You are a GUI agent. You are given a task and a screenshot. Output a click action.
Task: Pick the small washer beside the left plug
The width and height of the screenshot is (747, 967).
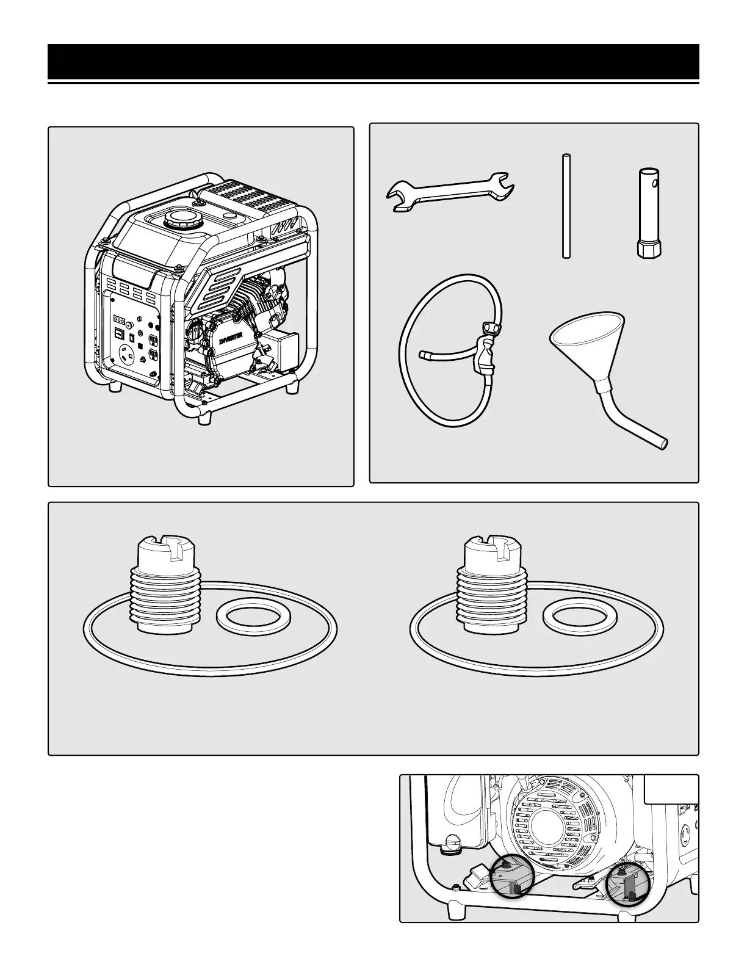tap(246, 617)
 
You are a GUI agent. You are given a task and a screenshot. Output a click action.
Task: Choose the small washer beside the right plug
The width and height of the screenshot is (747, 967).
tap(571, 617)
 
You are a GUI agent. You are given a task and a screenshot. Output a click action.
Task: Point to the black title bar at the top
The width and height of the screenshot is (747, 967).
tap(374, 62)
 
